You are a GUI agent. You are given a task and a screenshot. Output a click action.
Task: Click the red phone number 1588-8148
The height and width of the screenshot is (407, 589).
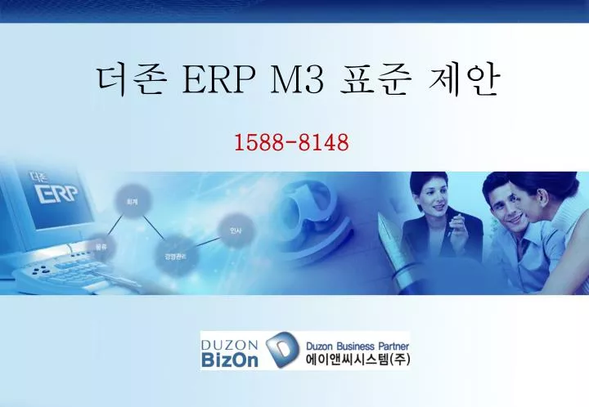point(292,143)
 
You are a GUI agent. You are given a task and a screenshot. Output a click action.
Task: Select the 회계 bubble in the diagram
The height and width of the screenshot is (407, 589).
point(132,199)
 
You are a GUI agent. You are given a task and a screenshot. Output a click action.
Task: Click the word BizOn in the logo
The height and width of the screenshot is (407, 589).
point(230,359)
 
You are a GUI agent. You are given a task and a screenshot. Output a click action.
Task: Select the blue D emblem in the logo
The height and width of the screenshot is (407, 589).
point(279,351)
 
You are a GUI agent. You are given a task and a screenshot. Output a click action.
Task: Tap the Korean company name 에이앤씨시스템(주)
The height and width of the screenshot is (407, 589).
point(357,360)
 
